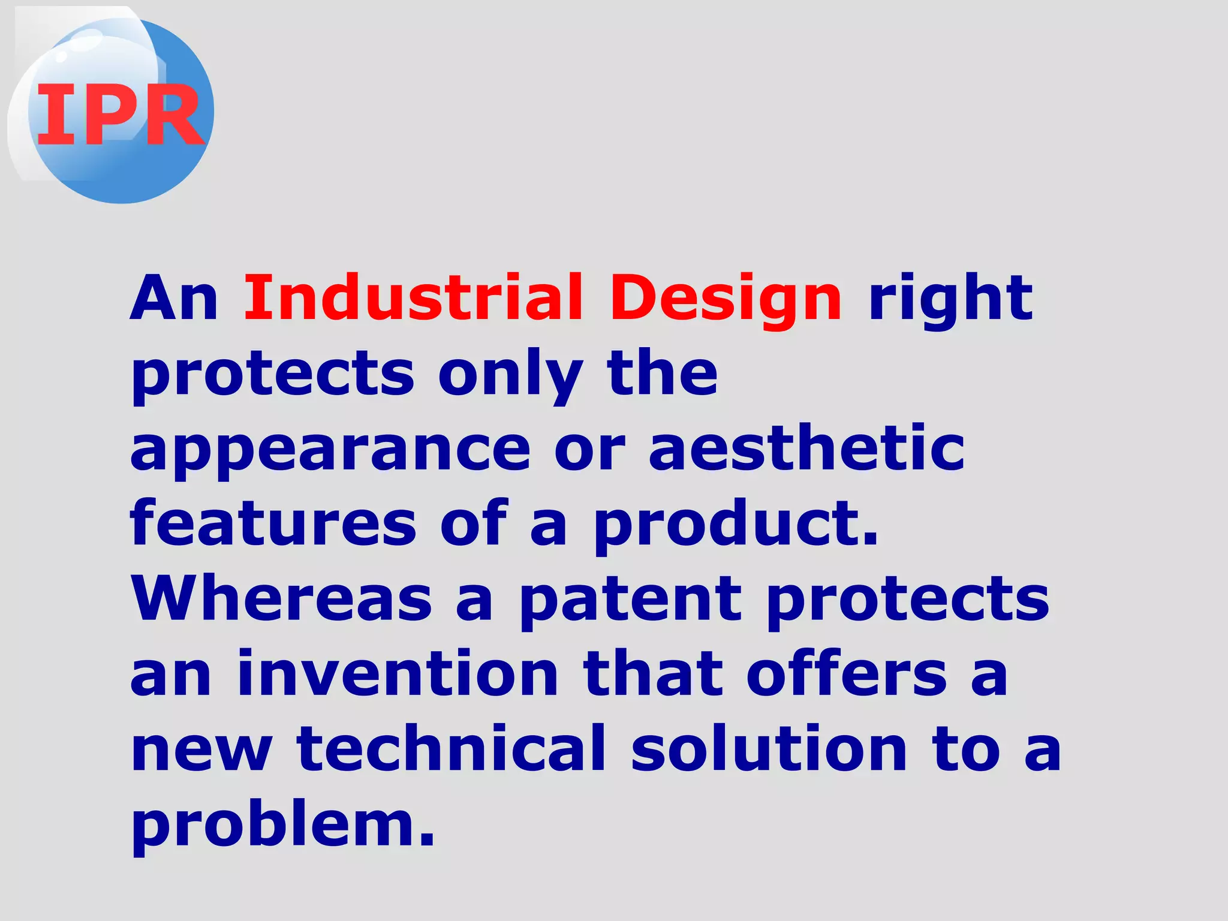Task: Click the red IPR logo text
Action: pos(120,114)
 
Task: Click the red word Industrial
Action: pos(413,297)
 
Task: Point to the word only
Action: pos(510,374)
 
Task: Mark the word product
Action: pos(735,525)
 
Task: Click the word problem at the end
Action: pos(282,826)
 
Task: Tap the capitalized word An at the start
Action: pos(174,299)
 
